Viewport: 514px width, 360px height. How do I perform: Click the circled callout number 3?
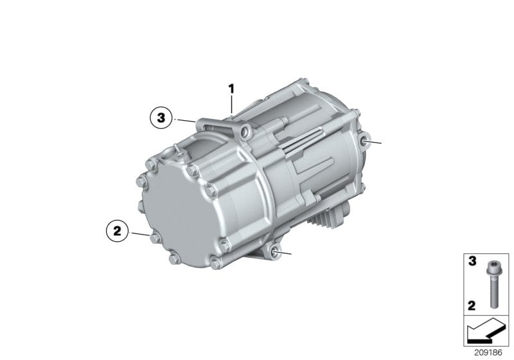(x=161, y=118)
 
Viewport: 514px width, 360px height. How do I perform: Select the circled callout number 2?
(x=118, y=231)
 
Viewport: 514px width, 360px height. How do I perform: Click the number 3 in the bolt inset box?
(x=472, y=262)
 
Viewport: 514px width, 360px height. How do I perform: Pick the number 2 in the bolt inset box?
(x=472, y=305)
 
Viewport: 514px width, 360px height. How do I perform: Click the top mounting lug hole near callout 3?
(x=245, y=132)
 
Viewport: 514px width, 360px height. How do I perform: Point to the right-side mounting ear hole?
(x=364, y=141)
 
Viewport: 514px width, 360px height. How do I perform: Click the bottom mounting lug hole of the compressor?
(x=276, y=253)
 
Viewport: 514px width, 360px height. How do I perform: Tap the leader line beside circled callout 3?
(x=186, y=121)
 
